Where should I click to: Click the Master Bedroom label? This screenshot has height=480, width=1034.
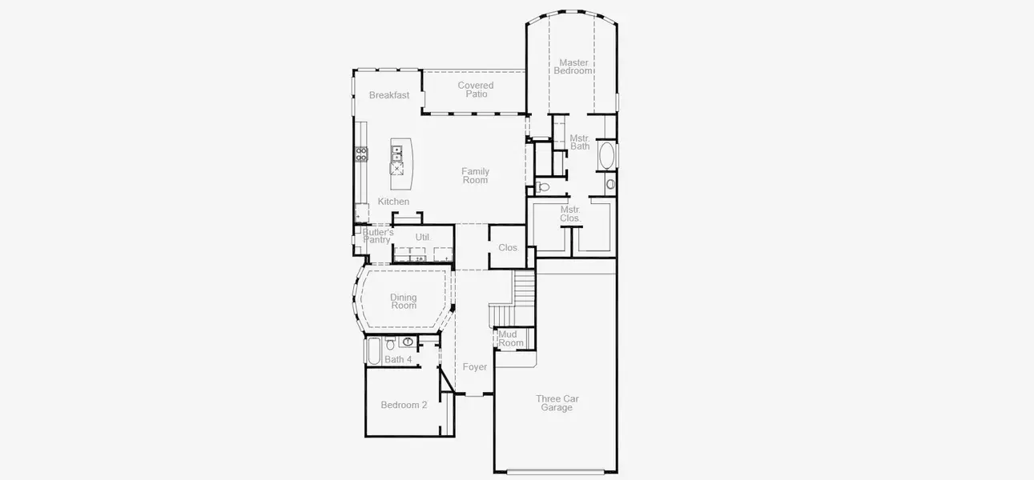[x=573, y=66]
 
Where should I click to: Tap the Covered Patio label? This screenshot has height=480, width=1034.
[x=476, y=90]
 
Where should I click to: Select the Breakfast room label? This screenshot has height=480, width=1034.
[x=389, y=95]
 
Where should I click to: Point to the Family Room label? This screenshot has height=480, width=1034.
[x=475, y=175]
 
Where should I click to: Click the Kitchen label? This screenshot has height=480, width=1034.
[x=393, y=202]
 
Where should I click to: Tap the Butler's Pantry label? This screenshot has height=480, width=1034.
[x=376, y=236]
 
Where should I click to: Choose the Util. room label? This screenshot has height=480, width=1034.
[x=423, y=238]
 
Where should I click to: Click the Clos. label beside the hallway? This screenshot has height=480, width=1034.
[x=509, y=248]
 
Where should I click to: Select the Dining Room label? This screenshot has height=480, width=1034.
[x=404, y=302]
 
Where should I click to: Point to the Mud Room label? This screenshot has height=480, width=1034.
[x=511, y=338]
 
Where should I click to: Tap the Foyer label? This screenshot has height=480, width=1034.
[x=475, y=367]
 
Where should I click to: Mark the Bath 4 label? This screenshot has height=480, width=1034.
[x=398, y=360]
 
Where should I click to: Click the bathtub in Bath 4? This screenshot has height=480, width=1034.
[x=373, y=350]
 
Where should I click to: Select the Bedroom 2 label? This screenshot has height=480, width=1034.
[x=404, y=405]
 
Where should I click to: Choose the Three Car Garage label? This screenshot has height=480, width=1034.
[x=557, y=403]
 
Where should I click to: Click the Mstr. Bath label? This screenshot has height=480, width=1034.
[x=580, y=142]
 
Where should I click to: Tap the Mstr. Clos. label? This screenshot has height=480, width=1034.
[x=570, y=214]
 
